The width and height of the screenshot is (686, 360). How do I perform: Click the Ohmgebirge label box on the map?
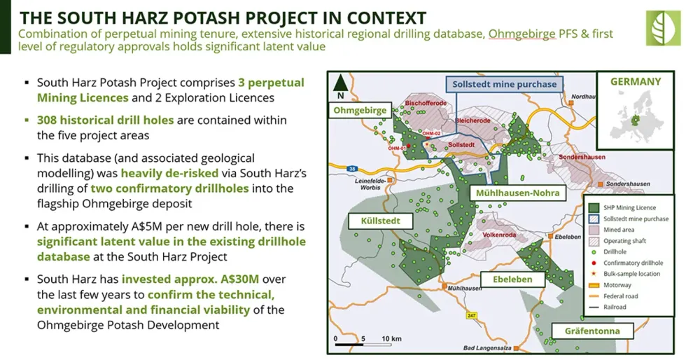coord(360,111)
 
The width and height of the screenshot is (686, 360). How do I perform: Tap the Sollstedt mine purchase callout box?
coord(505,84)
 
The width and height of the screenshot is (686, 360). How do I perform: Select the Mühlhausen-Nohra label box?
coord(517,193)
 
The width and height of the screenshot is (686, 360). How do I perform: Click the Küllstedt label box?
coord(381,221)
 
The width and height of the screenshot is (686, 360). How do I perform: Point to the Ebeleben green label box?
coord(512,279)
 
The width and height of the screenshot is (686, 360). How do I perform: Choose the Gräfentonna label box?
coord(592,331)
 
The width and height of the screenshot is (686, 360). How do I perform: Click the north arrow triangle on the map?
coord(341,83)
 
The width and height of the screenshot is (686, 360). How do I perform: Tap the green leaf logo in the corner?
coord(663,28)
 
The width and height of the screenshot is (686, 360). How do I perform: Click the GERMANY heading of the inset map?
coord(636,82)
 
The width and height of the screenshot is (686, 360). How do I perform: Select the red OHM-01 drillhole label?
coord(398,148)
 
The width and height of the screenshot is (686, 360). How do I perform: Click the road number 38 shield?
coord(351,169)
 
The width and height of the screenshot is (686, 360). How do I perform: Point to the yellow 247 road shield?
coord(471,315)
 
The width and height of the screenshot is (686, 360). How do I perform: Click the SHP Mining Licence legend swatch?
coord(594,207)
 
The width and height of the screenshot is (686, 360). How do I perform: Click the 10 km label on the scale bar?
coord(391,338)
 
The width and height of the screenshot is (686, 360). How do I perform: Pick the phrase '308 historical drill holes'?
coord(106,120)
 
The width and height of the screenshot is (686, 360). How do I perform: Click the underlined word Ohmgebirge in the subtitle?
coord(521,34)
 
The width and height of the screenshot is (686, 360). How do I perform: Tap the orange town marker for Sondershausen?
coord(601,184)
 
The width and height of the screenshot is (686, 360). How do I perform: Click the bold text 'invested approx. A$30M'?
coord(190,279)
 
